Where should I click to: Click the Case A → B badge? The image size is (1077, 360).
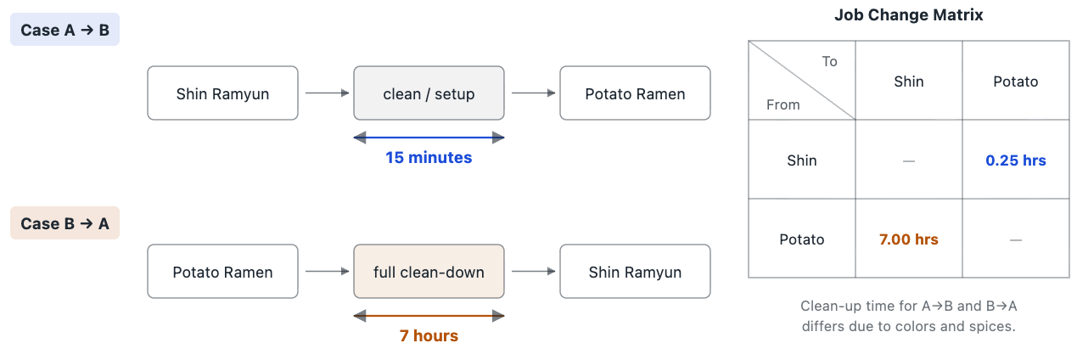pos(65,30)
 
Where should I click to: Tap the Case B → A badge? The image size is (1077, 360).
pos(65,222)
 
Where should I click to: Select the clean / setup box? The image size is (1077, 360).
pos(429,93)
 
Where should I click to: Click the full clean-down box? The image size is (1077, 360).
pos(429,272)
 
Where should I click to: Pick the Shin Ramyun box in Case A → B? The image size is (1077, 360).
pos(222,93)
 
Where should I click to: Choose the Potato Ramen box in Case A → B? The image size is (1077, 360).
pos(635,93)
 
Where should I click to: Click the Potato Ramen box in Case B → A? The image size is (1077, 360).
pos(222,272)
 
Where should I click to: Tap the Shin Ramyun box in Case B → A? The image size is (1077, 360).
pos(635,272)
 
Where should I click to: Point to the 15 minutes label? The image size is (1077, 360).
pos(429,157)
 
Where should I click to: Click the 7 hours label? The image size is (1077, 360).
pos(429,335)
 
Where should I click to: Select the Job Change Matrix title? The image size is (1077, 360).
pos(909,15)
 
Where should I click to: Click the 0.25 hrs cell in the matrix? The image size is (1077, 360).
pos(1015,160)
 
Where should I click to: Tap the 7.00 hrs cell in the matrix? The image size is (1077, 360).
pos(909,239)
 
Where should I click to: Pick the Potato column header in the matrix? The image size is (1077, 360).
pos(1015,82)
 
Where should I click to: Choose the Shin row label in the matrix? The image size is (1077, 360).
pos(802,160)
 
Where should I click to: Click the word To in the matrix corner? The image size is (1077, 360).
pos(829,62)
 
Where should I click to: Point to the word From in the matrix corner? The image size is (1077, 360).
pos(783,104)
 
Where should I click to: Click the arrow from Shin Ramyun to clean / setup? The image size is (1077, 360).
pos(328,93)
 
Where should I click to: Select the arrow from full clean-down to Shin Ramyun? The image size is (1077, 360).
pos(534,272)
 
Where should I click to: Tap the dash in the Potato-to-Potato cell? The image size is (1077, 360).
pos(1015,239)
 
